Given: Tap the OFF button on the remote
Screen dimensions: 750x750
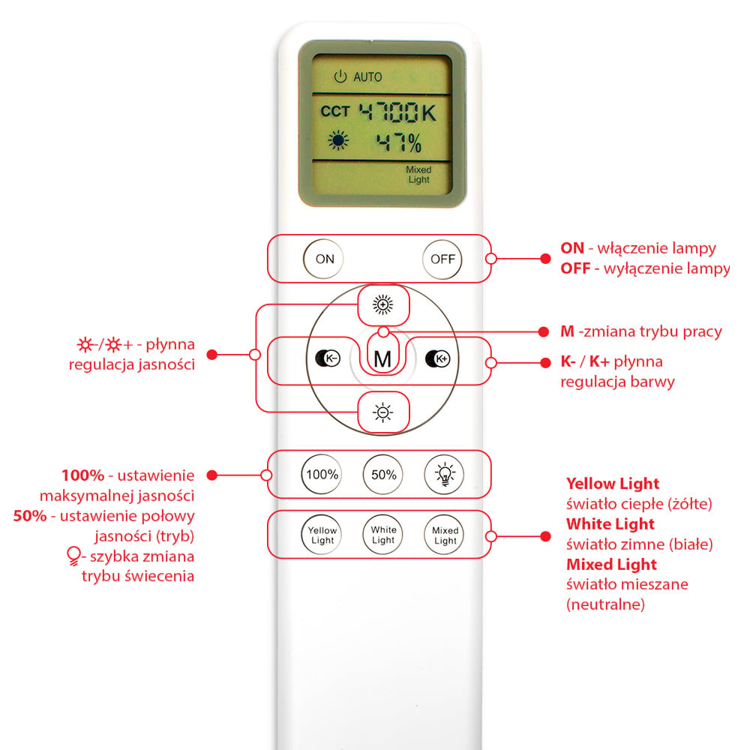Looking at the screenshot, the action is tap(442, 259).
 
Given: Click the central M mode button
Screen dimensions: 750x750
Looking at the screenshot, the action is tap(382, 358).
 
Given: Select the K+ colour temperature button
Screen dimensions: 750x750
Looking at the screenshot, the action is tap(438, 358).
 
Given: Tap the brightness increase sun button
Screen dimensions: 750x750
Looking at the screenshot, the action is tap(382, 304).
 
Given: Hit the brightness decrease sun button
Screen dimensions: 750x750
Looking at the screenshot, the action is tap(382, 412).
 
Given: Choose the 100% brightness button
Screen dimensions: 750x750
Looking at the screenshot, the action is tap(322, 475).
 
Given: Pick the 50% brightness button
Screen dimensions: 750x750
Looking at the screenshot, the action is tap(383, 475).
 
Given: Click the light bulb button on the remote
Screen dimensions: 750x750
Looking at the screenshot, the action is tap(444, 475).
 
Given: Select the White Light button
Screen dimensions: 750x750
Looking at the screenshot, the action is tap(383, 535).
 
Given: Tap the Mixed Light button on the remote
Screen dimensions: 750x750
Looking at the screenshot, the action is tap(444, 535).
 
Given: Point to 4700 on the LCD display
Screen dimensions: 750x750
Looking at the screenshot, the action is tap(388, 112).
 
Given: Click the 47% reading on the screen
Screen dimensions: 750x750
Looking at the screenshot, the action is tap(399, 142).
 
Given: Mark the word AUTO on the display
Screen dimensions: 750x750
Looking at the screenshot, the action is tap(367, 77).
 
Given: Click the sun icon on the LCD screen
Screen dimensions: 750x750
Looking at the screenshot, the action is tap(338, 141).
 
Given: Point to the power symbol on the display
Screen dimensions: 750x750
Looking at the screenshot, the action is tap(340, 76).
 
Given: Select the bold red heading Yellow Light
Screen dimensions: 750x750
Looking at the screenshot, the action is tap(613, 484).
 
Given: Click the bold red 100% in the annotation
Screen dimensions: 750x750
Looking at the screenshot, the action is tap(82, 475).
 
